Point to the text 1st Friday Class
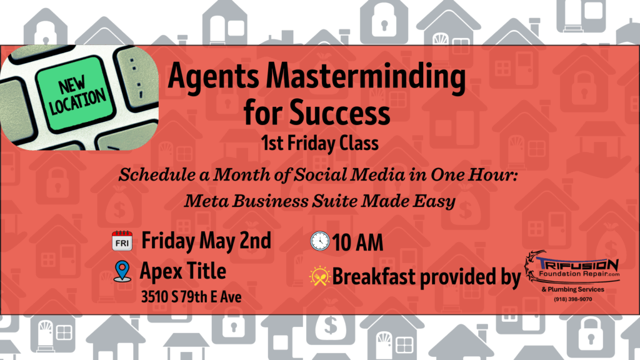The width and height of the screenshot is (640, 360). click(x=319, y=143)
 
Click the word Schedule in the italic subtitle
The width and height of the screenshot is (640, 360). click(x=157, y=175)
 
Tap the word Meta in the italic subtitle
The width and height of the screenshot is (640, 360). click(x=205, y=201)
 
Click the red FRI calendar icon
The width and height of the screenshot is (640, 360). click(x=122, y=241)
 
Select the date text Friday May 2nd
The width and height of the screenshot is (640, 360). click(x=206, y=241)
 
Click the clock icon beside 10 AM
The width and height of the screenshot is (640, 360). click(x=320, y=241)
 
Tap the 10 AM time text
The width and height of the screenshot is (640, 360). click(x=357, y=242)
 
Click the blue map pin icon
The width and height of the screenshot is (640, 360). click(x=122, y=271)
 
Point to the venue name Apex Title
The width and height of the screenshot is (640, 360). click(x=183, y=271)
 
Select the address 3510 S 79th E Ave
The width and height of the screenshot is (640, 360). click(x=191, y=297)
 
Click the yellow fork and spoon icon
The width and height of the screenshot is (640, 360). click(x=319, y=276)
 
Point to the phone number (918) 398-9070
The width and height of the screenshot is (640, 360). click(x=572, y=299)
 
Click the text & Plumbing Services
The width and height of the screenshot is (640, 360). click(x=572, y=289)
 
